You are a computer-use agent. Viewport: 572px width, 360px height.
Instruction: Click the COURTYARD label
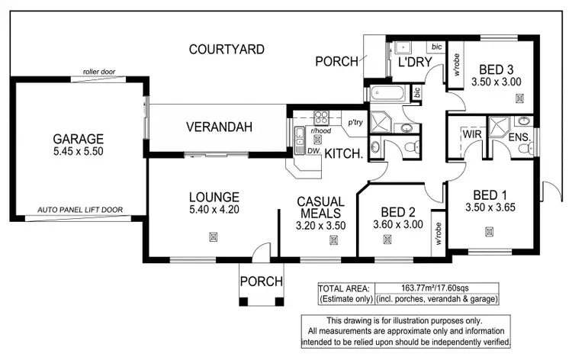(x=227, y=50)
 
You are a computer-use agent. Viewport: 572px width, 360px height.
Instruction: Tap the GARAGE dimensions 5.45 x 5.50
(x=78, y=151)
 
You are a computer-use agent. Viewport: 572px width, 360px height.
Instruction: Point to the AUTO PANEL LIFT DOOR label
(x=80, y=209)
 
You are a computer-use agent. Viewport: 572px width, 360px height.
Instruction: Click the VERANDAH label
(x=219, y=127)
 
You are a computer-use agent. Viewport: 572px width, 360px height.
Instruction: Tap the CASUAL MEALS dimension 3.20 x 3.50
(x=321, y=225)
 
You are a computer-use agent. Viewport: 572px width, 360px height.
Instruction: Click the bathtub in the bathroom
(x=390, y=94)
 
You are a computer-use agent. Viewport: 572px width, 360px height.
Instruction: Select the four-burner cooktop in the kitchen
(x=321, y=117)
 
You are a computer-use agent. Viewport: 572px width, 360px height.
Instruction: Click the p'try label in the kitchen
(x=355, y=122)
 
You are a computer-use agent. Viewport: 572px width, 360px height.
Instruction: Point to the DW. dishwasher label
(x=313, y=151)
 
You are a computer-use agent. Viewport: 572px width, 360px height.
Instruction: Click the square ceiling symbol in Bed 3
(x=519, y=98)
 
